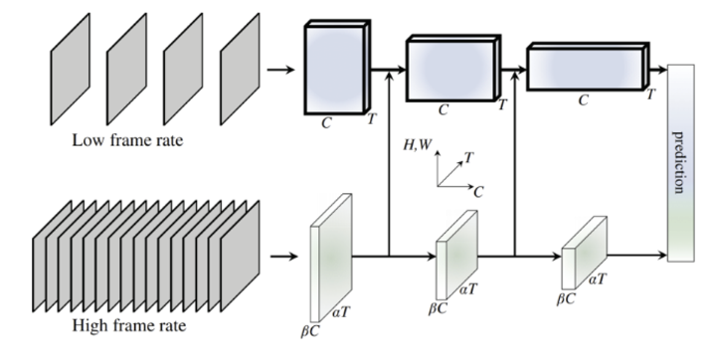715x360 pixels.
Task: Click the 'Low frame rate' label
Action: click(x=127, y=140)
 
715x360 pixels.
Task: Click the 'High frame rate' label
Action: click(x=129, y=326)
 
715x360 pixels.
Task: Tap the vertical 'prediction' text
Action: click(x=679, y=162)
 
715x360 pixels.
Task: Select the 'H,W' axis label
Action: click(x=417, y=145)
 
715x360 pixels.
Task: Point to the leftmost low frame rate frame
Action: click(x=71, y=69)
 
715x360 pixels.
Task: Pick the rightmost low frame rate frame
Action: click(x=240, y=69)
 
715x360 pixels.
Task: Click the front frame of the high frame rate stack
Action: click(x=240, y=256)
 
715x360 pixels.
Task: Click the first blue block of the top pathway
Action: click(x=337, y=67)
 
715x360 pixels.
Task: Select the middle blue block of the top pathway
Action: click(x=453, y=68)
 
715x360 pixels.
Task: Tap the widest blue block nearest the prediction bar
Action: click(x=588, y=67)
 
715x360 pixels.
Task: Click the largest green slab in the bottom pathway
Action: click(x=331, y=258)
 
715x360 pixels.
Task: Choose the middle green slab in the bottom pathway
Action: click(x=456, y=255)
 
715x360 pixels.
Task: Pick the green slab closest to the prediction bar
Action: click(x=584, y=253)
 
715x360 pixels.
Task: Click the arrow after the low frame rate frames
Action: click(x=280, y=70)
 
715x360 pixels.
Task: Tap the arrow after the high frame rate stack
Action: click(x=283, y=257)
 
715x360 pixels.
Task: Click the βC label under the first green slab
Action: click(x=310, y=331)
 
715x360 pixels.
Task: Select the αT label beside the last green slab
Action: click(x=598, y=278)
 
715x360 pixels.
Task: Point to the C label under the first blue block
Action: click(x=326, y=123)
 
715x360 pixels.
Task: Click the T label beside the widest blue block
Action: click(x=650, y=94)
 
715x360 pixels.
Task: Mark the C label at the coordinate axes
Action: click(x=478, y=192)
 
